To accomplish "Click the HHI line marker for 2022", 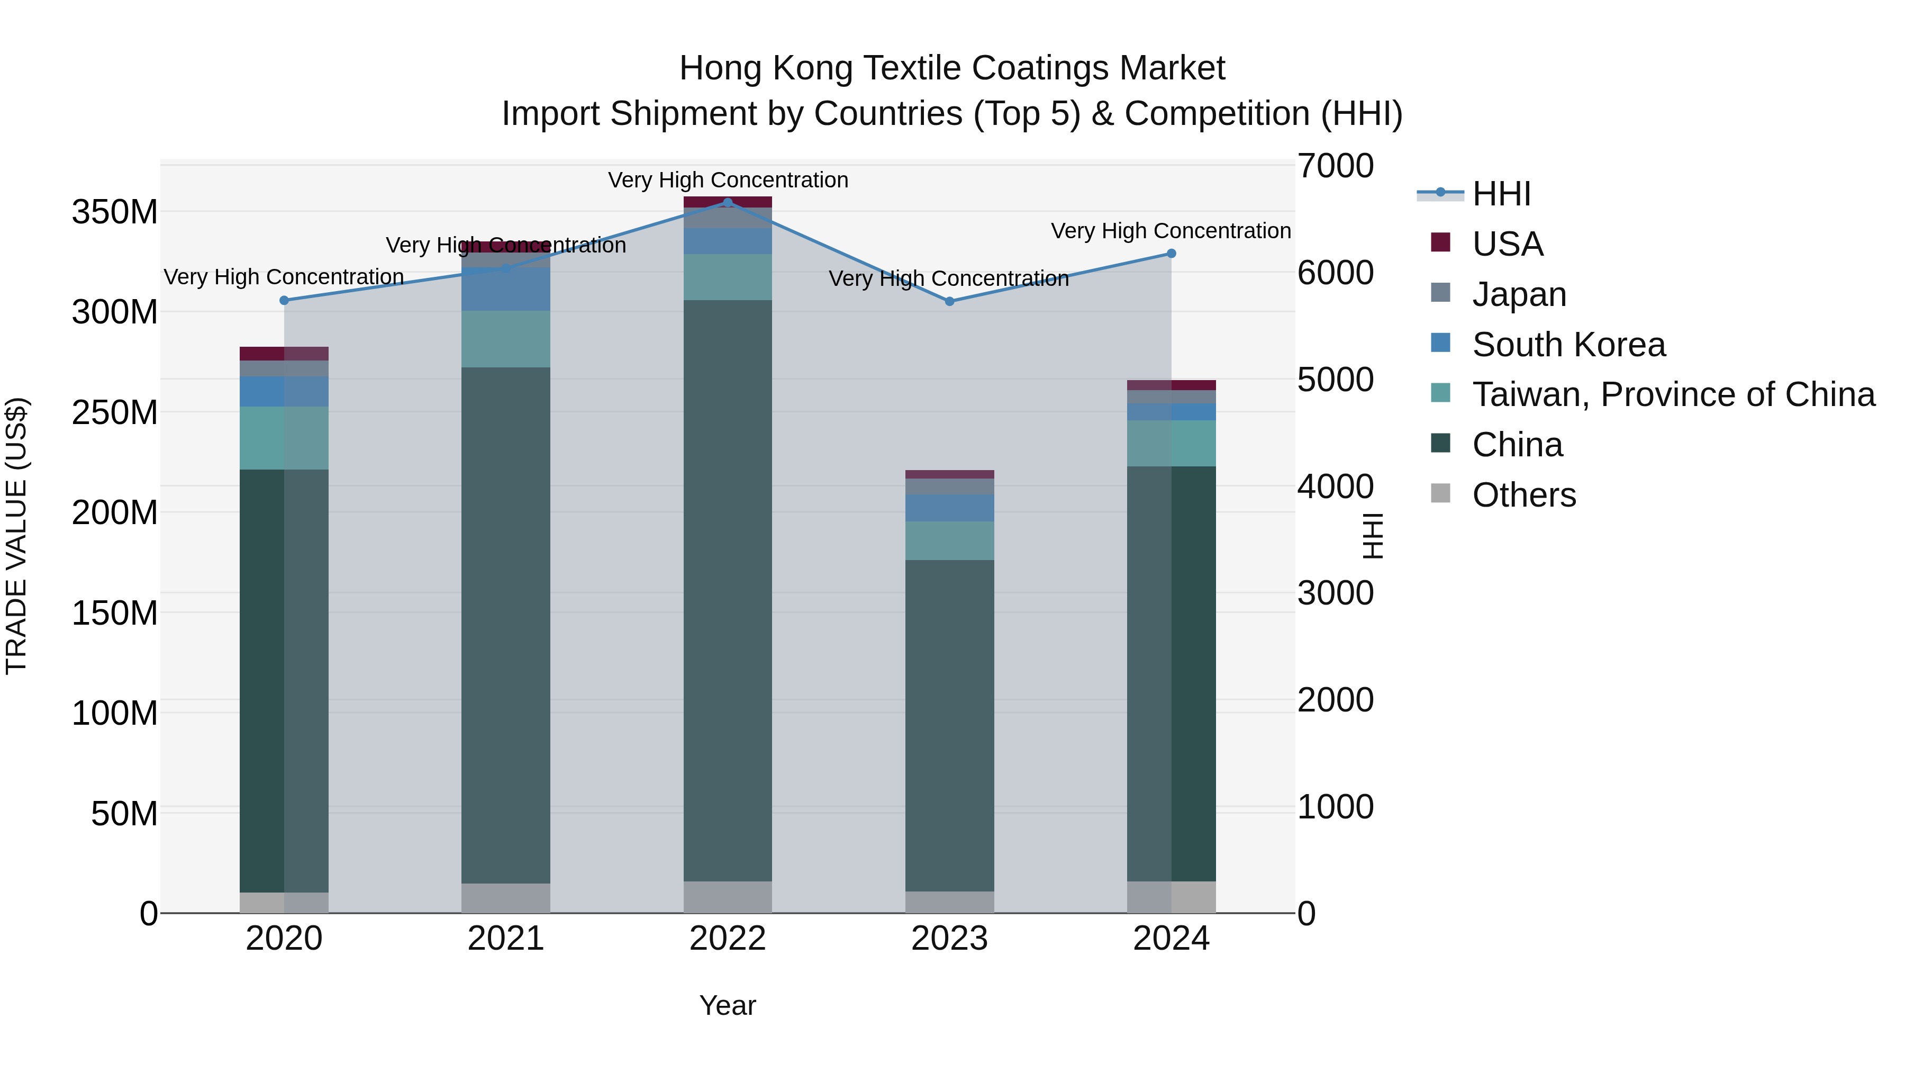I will (728, 203).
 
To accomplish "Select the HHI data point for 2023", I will (949, 301).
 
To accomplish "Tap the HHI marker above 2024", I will (1172, 254).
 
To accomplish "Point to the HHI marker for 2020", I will (284, 300).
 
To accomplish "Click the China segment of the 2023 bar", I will (949, 725).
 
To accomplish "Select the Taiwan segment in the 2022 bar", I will (728, 277).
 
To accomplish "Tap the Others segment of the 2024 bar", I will (1172, 897).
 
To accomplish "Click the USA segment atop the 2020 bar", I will (284, 354).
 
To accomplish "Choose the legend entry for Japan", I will (1518, 294).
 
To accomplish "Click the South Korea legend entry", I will (1568, 345).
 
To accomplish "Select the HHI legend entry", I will (1501, 194).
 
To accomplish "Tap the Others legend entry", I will (1523, 495).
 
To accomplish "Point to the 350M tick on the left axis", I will (115, 212).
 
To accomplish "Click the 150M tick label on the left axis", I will (115, 614).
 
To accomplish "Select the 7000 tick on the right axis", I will (1336, 166).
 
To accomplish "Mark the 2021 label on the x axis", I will (506, 939).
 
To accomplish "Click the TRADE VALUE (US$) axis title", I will (16, 536).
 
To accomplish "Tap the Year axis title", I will (728, 1005).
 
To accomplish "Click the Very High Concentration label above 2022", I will (728, 180).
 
